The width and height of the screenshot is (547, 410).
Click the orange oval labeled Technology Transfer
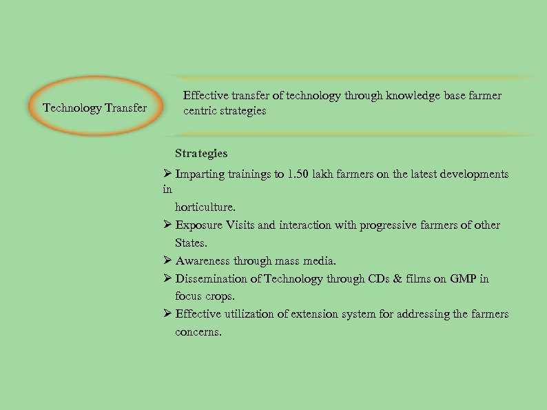tap(95, 107)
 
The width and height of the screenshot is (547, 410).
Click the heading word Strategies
tap(201, 153)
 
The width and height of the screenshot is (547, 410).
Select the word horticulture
tap(205, 207)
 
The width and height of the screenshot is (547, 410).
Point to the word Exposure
tap(199, 225)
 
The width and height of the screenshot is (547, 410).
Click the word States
tap(191, 243)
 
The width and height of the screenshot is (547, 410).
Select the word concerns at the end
tap(198, 332)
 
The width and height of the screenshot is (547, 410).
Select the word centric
tap(200, 111)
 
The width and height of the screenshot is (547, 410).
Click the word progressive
tap(385, 225)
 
